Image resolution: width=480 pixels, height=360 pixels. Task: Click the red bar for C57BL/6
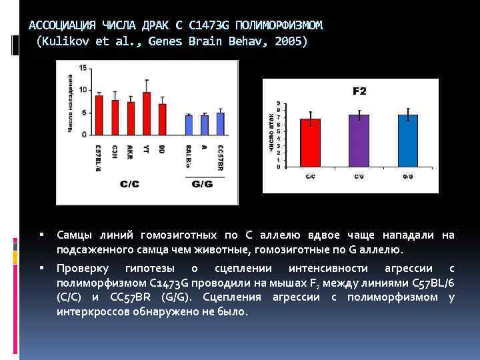click(99, 115)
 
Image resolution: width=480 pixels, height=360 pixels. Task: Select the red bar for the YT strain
click(147, 113)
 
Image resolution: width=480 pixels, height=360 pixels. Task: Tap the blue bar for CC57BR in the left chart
click(221, 123)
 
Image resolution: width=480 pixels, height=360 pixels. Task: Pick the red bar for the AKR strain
click(131, 118)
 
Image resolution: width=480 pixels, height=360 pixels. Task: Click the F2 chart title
click(359, 91)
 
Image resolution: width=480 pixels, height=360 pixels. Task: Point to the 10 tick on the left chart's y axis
click(83, 90)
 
